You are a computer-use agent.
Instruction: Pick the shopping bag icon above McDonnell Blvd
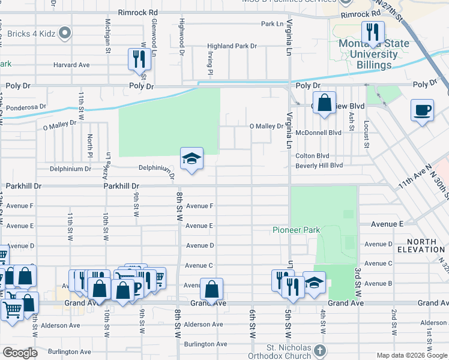click(324, 103)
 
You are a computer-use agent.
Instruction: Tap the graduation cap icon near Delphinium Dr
click(191, 159)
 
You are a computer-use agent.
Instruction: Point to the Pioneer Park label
click(296, 230)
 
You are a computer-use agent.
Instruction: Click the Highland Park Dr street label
click(232, 46)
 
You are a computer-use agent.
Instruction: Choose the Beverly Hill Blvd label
click(319, 165)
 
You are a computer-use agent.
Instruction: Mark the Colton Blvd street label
click(312, 155)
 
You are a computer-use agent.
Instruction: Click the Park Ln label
click(271, 24)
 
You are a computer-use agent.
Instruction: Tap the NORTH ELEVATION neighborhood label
click(425, 245)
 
